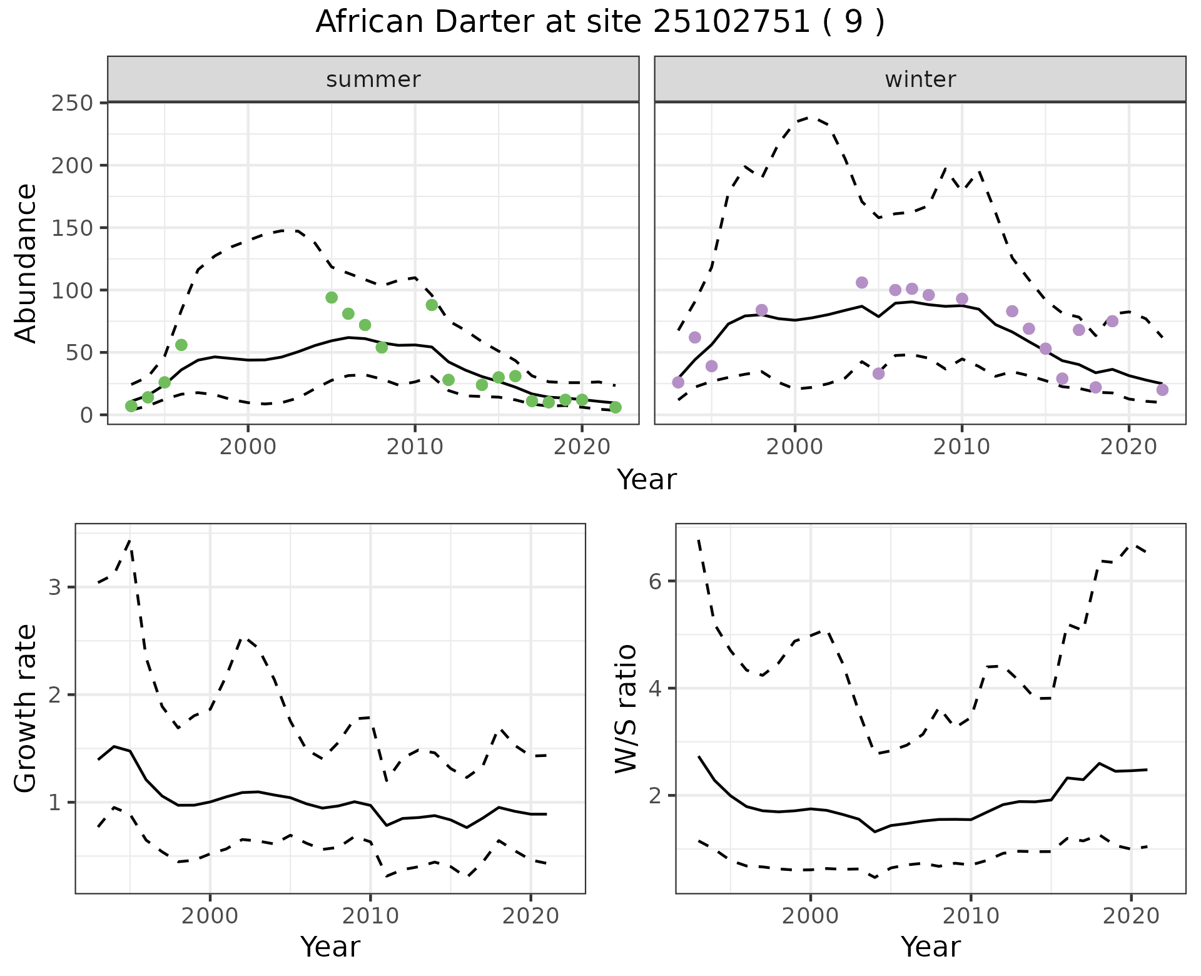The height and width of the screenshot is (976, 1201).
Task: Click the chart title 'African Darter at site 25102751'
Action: [x=599, y=23]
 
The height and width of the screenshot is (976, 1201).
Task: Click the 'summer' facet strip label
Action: [x=373, y=79]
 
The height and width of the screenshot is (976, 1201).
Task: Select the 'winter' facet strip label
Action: [x=920, y=79]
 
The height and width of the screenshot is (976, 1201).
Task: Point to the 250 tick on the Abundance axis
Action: [x=71, y=103]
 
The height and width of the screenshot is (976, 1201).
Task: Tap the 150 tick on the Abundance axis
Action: [x=71, y=228]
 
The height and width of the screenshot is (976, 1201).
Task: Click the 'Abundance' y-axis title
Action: [x=26, y=263]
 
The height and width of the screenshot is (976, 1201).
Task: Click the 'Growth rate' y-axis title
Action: [x=26, y=708]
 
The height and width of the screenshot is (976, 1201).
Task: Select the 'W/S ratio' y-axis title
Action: [x=626, y=708]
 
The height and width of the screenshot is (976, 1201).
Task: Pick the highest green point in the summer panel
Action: [x=332, y=297]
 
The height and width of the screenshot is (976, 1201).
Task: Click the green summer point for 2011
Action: [x=432, y=305]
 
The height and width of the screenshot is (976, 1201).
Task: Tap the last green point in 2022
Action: [x=616, y=407]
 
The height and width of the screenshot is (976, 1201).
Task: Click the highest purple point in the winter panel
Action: [x=862, y=283]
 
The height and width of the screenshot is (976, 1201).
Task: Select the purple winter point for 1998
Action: [x=761, y=310]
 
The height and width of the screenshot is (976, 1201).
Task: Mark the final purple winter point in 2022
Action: [x=1162, y=390]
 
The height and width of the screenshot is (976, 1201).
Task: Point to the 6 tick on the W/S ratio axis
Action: [x=655, y=581]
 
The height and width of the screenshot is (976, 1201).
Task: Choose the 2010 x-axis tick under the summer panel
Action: [x=415, y=447]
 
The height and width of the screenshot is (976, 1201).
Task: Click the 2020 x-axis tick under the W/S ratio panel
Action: [x=1131, y=917]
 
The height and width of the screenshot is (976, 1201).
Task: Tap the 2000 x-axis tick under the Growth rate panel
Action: [x=210, y=917]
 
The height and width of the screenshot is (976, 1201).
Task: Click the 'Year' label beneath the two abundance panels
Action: [x=647, y=480]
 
